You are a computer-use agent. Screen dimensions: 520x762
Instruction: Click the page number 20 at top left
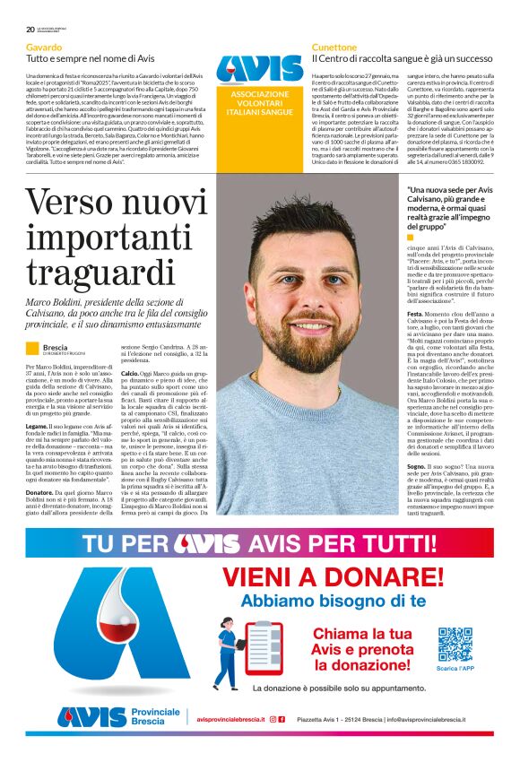(x=30, y=29)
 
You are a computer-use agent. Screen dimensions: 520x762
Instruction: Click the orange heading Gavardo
(x=44, y=47)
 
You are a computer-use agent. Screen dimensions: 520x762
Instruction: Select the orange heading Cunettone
(x=334, y=47)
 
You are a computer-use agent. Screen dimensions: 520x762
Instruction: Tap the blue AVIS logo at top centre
(x=259, y=69)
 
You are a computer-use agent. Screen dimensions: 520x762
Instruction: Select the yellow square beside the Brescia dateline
(x=32, y=348)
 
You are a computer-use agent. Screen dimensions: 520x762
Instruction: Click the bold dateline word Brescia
(x=55, y=346)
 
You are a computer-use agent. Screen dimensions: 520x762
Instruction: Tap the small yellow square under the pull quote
(x=412, y=238)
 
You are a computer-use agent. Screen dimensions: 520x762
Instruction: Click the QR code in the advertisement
(x=455, y=645)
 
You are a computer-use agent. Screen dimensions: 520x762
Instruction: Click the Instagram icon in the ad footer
(x=273, y=719)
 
